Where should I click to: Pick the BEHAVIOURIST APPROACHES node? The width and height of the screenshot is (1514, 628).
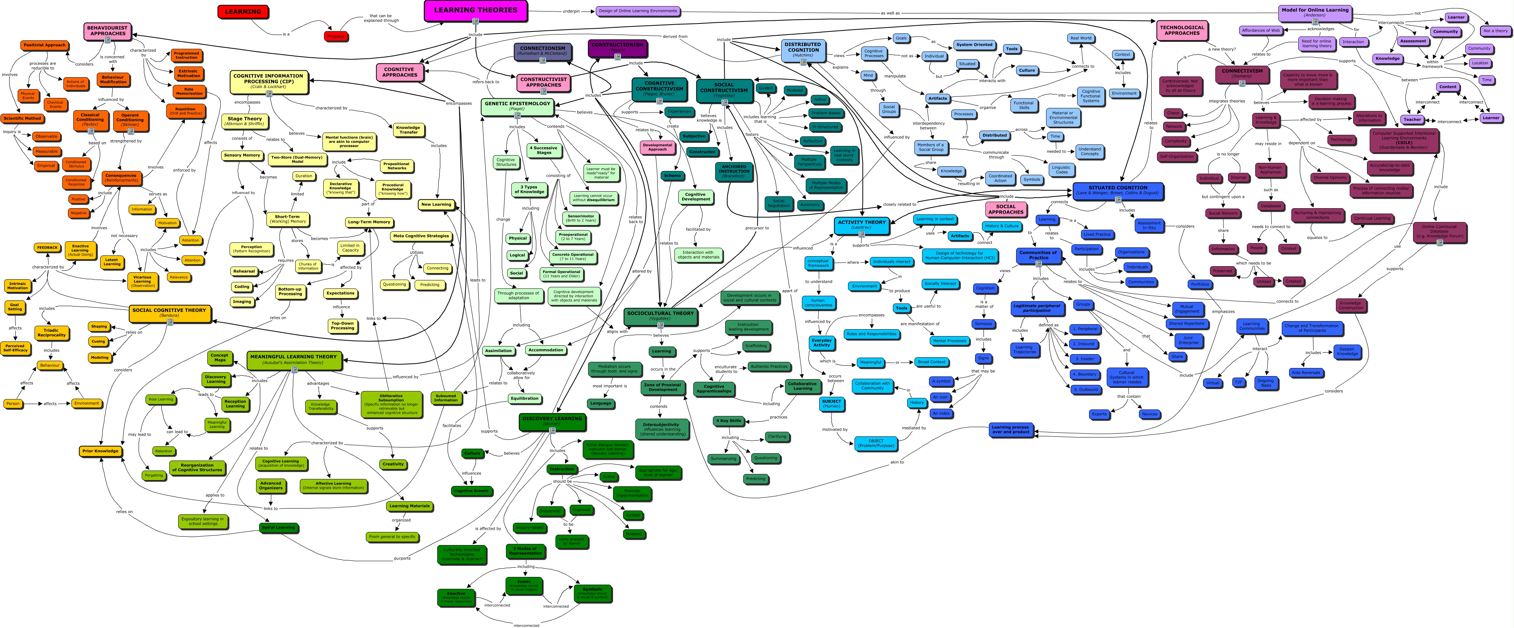pos(107,31)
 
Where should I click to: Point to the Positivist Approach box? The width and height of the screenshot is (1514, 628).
pos(45,45)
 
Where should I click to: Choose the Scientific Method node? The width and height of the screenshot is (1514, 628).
pos(22,119)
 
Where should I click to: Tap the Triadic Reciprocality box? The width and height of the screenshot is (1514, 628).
pos(52,333)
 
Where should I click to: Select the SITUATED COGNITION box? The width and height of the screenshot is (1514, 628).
pos(1117,190)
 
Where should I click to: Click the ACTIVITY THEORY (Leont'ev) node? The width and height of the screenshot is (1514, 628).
pos(862,224)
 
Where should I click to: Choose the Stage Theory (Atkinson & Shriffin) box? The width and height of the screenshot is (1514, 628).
pos(245,121)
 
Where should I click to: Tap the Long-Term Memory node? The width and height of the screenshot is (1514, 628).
pos(369,222)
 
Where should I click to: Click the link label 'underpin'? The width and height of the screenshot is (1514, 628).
pos(571,11)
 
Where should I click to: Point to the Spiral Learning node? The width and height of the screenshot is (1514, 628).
pos(279,527)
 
